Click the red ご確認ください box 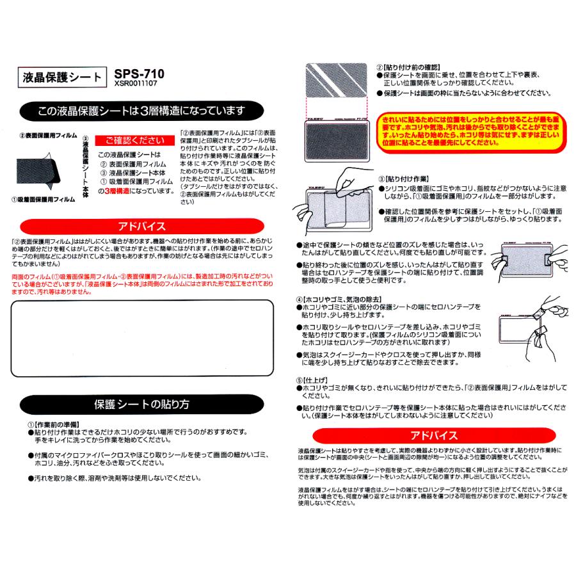[x=131, y=140]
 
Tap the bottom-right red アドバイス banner [x=434, y=435]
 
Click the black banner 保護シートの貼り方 [x=142, y=404]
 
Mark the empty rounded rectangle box [x=142, y=339]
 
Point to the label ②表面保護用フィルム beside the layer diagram [x=47, y=136]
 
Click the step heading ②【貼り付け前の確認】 [x=407, y=67]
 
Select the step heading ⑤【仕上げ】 [x=313, y=380]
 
